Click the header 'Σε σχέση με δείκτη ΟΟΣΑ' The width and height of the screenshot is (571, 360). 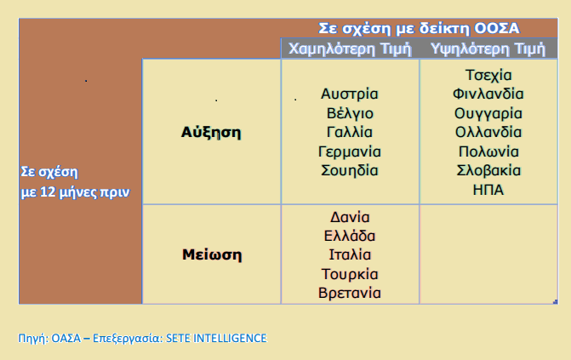419,28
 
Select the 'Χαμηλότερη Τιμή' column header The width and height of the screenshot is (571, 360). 350,49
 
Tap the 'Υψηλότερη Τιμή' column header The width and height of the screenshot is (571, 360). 488,49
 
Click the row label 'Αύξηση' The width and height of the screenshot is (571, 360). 211,133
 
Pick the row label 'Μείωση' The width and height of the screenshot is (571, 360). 212,254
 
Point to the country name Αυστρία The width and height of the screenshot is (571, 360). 350,94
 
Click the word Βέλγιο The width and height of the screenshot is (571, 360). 350,113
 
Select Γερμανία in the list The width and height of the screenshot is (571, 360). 350,151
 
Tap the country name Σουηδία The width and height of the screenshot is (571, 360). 350,170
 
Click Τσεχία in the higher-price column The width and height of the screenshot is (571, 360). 488,75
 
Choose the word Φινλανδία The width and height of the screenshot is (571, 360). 488,94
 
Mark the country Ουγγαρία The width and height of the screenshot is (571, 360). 488,113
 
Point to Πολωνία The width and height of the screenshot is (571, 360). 488,151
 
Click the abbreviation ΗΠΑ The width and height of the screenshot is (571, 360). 488,190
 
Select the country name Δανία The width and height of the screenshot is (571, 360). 350,217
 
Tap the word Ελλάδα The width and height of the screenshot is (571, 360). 350,236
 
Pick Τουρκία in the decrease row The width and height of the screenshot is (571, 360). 350,274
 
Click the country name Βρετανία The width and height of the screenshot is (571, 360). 350,293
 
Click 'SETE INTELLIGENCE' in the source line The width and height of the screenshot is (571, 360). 216,338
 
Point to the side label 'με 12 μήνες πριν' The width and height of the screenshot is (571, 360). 75,192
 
